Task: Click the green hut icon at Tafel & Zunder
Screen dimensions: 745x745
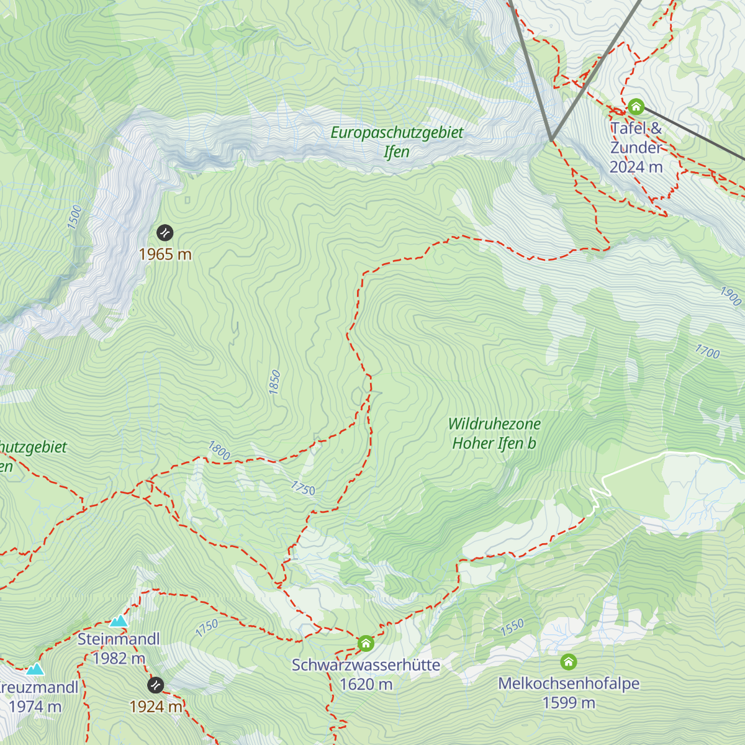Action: click(x=635, y=107)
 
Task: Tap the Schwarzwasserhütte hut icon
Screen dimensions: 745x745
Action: click(x=366, y=643)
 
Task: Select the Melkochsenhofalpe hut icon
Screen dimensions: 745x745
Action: click(x=569, y=662)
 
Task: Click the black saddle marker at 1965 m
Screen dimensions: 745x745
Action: click(x=165, y=233)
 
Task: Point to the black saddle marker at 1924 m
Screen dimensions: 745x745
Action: click(x=156, y=685)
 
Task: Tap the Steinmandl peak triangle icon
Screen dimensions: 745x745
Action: click(x=119, y=621)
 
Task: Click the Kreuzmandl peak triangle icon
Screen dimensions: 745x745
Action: click(x=35, y=669)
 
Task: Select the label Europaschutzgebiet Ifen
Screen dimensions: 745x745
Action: click(x=397, y=142)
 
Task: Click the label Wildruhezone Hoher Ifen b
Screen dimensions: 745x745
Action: click(x=494, y=433)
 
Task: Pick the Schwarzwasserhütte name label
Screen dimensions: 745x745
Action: click(x=366, y=665)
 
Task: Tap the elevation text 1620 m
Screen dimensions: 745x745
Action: click(x=366, y=684)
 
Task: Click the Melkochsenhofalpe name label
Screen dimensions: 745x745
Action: click(x=569, y=684)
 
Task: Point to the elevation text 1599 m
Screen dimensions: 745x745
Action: click(x=569, y=703)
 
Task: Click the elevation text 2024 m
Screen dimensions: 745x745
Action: click(x=636, y=167)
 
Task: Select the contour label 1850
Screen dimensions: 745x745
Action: click(x=274, y=382)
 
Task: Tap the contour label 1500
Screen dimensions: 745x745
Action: click(x=74, y=217)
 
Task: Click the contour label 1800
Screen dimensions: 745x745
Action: click(x=219, y=450)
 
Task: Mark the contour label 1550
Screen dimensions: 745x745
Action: click(x=512, y=627)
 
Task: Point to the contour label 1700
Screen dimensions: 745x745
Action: click(x=707, y=352)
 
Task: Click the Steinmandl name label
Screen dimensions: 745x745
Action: click(x=119, y=639)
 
